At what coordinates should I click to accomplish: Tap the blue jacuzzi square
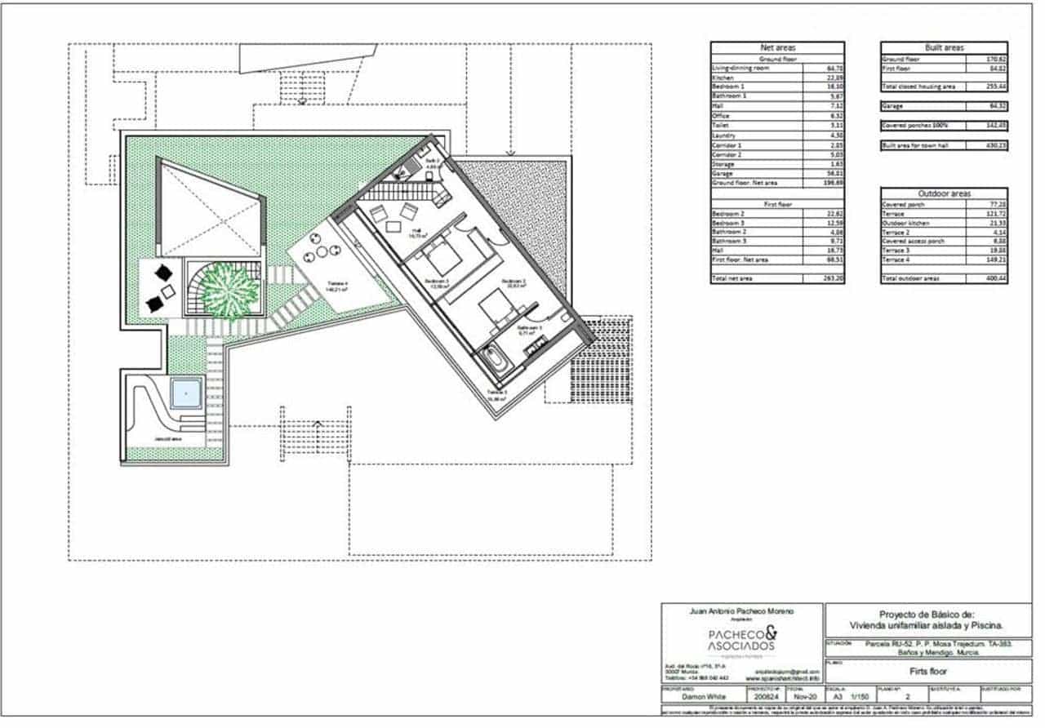click(186, 394)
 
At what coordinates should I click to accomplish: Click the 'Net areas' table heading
click(777, 48)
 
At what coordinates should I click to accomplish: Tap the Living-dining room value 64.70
click(834, 69)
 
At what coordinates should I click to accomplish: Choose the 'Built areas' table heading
click(944, 48)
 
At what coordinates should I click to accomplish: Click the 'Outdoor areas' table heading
click(944, 193)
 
